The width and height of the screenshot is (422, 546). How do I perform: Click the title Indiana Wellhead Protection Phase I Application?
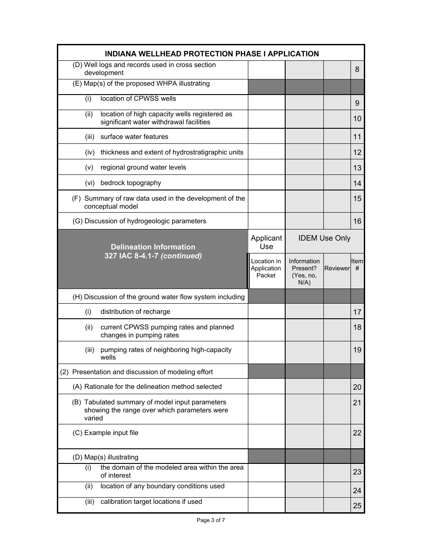click(211, 54)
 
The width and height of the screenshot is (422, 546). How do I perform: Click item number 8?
click(357, 70)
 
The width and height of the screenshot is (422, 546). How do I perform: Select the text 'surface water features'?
click(134, 137)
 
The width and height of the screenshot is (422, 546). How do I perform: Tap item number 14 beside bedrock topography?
click(357, 183)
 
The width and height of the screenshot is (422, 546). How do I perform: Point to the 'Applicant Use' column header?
click(266, 242)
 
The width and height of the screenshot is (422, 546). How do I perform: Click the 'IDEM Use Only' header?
click(324, 238)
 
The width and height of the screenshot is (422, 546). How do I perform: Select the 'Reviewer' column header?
click(337, 269)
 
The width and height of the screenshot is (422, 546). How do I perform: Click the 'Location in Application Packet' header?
click(266, 269)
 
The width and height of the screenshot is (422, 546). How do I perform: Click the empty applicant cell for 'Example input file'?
click(266, 436)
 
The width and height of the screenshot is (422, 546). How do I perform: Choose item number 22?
click(357, 433)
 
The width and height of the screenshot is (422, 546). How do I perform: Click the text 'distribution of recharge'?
click(135, 312)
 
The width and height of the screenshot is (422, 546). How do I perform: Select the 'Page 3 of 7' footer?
click(211, 520)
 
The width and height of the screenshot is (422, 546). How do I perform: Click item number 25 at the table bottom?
click(357, 506)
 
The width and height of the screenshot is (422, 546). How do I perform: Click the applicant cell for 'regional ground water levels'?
click(266, 167)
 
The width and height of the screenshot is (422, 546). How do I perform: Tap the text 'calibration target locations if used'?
click(151, 502)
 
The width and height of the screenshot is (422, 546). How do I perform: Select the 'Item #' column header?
click(357, 265)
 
